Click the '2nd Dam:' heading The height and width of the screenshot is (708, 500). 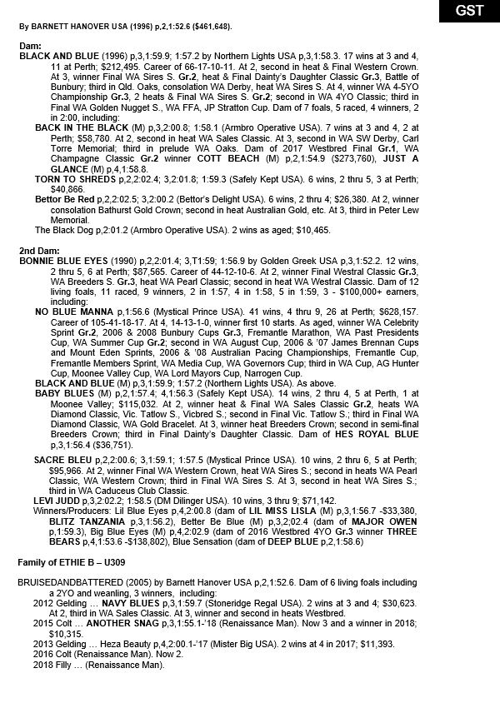(38, 250)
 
